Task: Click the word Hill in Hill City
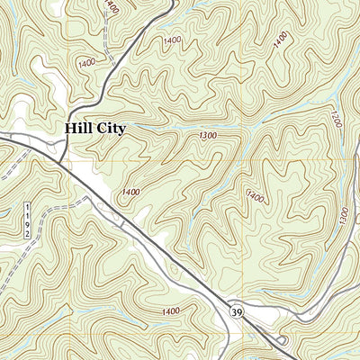tap(77, 129)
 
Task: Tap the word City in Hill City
tap(109, 129)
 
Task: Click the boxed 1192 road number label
tap(27, 220)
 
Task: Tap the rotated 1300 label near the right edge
tap(343, 215)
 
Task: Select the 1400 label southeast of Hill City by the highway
tap(130, 192)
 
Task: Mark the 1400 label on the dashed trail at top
tap(111, 8)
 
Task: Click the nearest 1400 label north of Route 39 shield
tap(255, 195)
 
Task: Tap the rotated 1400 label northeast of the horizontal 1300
tap(282, 40)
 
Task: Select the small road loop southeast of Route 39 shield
tap(283, 340)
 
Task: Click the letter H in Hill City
tap(69, 129)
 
